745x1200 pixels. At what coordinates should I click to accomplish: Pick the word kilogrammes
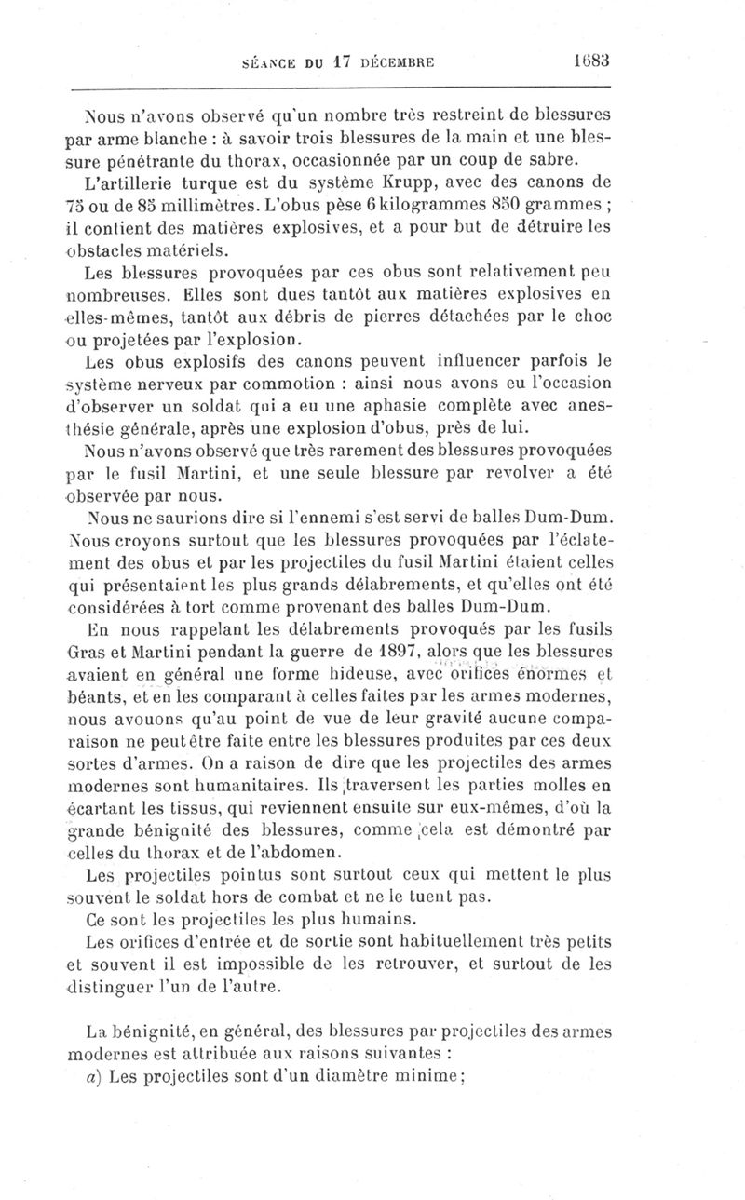coord(437,203)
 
